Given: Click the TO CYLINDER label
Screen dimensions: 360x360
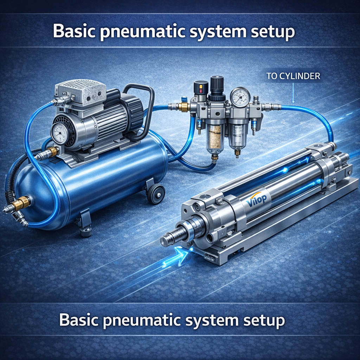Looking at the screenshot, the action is coord(293,76).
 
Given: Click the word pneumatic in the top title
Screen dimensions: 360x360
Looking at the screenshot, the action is coord(143,31).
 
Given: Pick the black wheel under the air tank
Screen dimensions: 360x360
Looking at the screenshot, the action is coord(156,193).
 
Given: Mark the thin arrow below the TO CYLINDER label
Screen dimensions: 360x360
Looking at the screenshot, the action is coord(293,93).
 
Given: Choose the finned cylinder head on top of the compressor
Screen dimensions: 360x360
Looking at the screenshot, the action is coord(81,91).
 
